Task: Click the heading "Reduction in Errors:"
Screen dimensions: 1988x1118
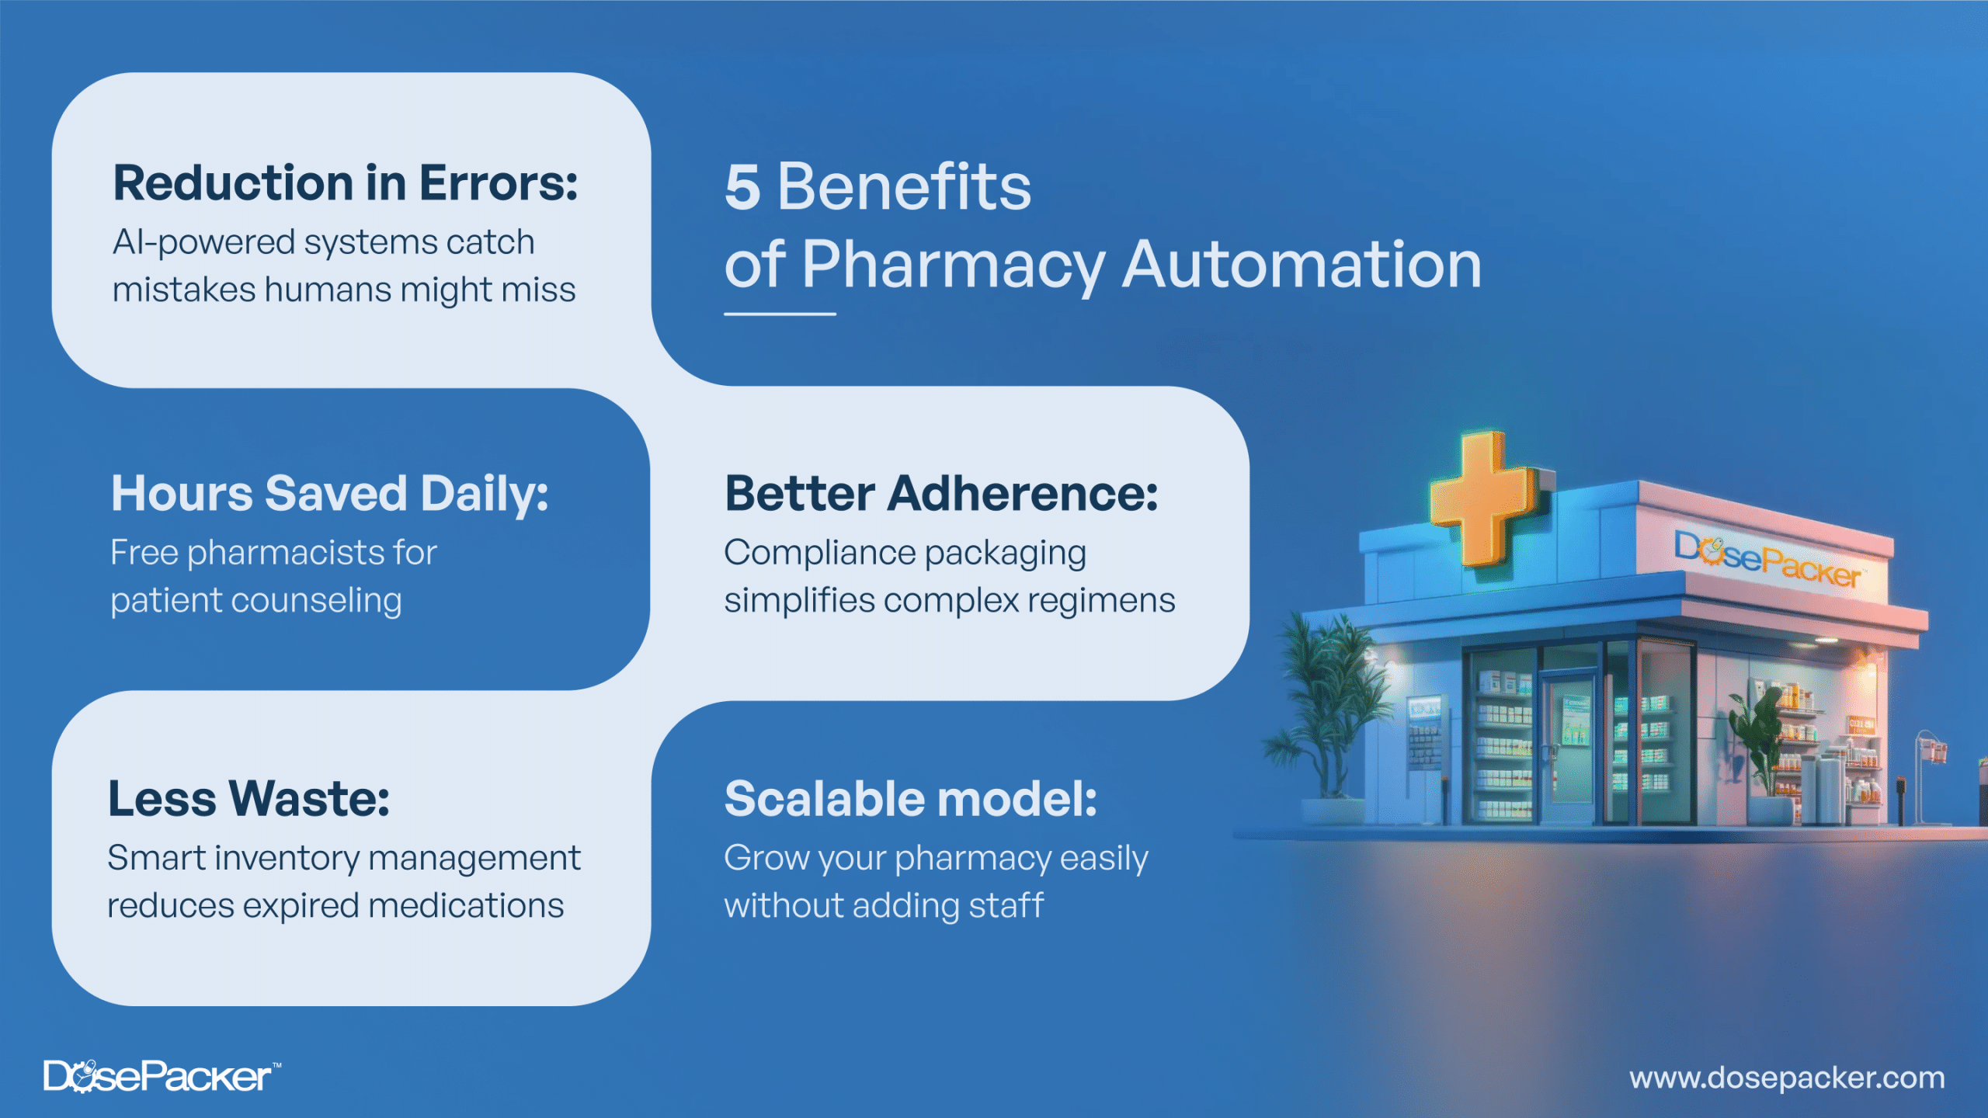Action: point(346,183)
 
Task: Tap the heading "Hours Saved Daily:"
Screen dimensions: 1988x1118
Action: point(329,494)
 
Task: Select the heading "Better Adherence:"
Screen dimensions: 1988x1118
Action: point(941,494)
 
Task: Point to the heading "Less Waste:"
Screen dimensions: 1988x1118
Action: point(248,799)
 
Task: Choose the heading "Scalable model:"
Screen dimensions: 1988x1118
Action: point(911,799)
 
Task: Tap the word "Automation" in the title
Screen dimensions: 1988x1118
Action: point(1302,265)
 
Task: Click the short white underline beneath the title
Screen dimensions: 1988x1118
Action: point(780,314)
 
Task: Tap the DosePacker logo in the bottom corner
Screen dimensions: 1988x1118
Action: point(162,1076)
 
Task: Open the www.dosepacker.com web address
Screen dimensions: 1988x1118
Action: point(1787,1078)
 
